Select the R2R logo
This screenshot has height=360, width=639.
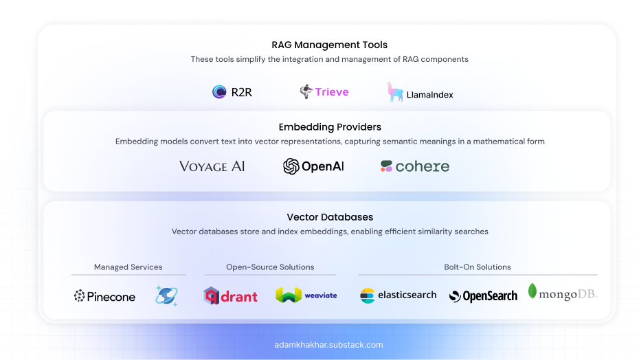pyautogui.click(x=232, y=92)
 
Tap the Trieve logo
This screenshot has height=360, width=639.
pyautogui.click(x=324, y=91)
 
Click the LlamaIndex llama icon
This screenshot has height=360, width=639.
pyautogui.click(x=395, y=92)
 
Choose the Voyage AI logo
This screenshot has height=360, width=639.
pyautogui.click(x=212, y=166)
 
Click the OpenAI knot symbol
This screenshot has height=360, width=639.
pyautogui.click(x=291, y=166)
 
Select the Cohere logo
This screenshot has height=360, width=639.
pyautogui.click(x=415, y=166)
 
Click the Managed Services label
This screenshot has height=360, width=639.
pyautogui.click(x=128, y=267)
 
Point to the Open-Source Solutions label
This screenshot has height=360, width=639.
pyautogui.click(x=270, y=267)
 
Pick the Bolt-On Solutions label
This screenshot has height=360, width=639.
pyautogui.click(x=478, y=267)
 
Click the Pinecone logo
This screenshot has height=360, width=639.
pyautogui.click(x=105, y=296)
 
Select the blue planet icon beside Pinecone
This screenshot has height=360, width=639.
pyautogui.click(x=166, y=295)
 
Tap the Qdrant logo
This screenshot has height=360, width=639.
pyautogui.click(x=230, y=296)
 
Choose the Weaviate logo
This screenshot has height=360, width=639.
pyautogui.click(x=306, y=295)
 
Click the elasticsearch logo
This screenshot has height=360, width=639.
pyautogui.click(x=399, y=295)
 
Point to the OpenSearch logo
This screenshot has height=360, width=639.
pyautogui.click(x=483, y=296)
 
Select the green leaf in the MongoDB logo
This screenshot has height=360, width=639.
pyautogui.click(x=532, y=291)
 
